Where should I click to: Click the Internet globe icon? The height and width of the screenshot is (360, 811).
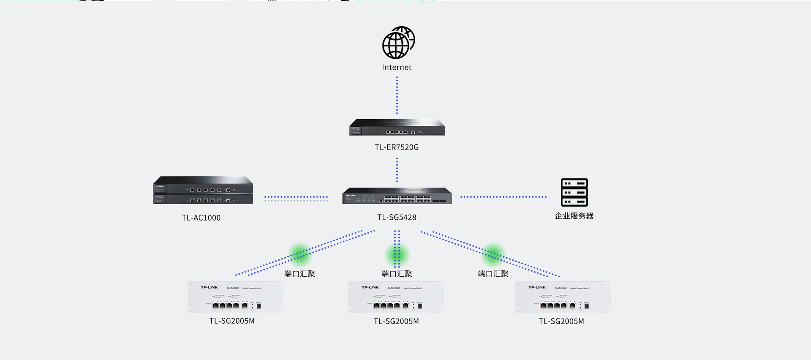coord(398,43)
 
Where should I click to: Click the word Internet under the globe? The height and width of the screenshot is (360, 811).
coord(397,68)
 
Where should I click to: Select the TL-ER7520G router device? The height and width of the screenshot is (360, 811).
coord(397,127)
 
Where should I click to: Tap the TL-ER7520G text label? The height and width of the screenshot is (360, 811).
coord(397,147)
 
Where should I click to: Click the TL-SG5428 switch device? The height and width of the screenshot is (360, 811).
coord(397,196)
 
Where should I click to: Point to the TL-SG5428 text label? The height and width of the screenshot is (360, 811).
coord(397,217)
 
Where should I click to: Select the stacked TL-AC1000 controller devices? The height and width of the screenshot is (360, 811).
coord(203,190)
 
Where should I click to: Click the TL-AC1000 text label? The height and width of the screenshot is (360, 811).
coord(201,218)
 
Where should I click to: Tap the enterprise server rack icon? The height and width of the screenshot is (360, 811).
coord(574,192)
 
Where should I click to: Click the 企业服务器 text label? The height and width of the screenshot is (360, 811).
coord(574,216)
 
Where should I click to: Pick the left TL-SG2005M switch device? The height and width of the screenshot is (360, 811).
coord(235,297)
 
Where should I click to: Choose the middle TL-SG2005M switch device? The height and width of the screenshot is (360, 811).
coord(396,297)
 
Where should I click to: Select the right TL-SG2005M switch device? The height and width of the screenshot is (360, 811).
coord(563,297)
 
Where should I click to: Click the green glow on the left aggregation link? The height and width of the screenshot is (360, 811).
coord(300,254)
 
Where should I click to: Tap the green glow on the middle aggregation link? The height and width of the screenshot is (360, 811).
coord(397,254)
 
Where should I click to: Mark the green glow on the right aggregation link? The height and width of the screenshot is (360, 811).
coord(493,254)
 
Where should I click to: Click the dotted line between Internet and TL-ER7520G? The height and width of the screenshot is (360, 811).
coord(397,95)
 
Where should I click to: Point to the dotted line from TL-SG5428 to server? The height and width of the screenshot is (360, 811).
coord(503,197)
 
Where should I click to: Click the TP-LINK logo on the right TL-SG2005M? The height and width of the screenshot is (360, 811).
coord(537,287)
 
